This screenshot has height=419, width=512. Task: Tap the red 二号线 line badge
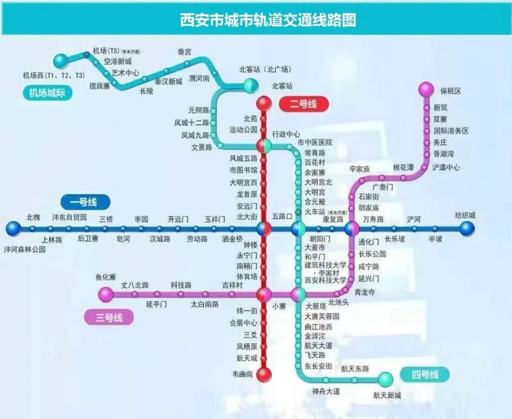click(x=302, y=104)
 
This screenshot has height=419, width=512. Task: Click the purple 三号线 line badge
click(x=109, y=318)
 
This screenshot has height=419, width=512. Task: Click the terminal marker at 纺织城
click(x=467, y=229)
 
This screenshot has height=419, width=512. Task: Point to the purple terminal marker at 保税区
click(x=426, y=89)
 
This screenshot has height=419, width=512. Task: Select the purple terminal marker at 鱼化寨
click(x=106, y=294)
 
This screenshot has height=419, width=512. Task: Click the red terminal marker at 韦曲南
click(x=264, y=375)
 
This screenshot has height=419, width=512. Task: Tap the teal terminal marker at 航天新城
click(x=385, y=380)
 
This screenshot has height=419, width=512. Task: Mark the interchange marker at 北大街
click(x=264, y=229)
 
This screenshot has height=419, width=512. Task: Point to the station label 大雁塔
click(x=316, y=307)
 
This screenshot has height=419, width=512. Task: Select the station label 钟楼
click(x=251, y=244)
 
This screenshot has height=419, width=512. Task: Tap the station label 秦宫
click(x=185, y=52)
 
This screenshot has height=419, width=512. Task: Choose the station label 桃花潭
click(x=403, y=167)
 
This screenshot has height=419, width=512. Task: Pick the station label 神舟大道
click(x=326, y=391)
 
